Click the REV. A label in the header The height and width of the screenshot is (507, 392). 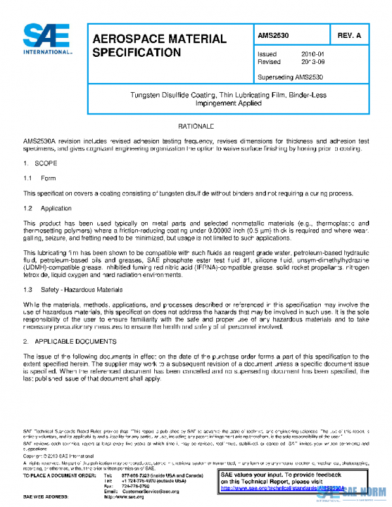(348, 36)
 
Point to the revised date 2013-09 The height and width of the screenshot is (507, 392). (312, 63)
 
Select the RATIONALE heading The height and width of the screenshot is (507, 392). (196, 125)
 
